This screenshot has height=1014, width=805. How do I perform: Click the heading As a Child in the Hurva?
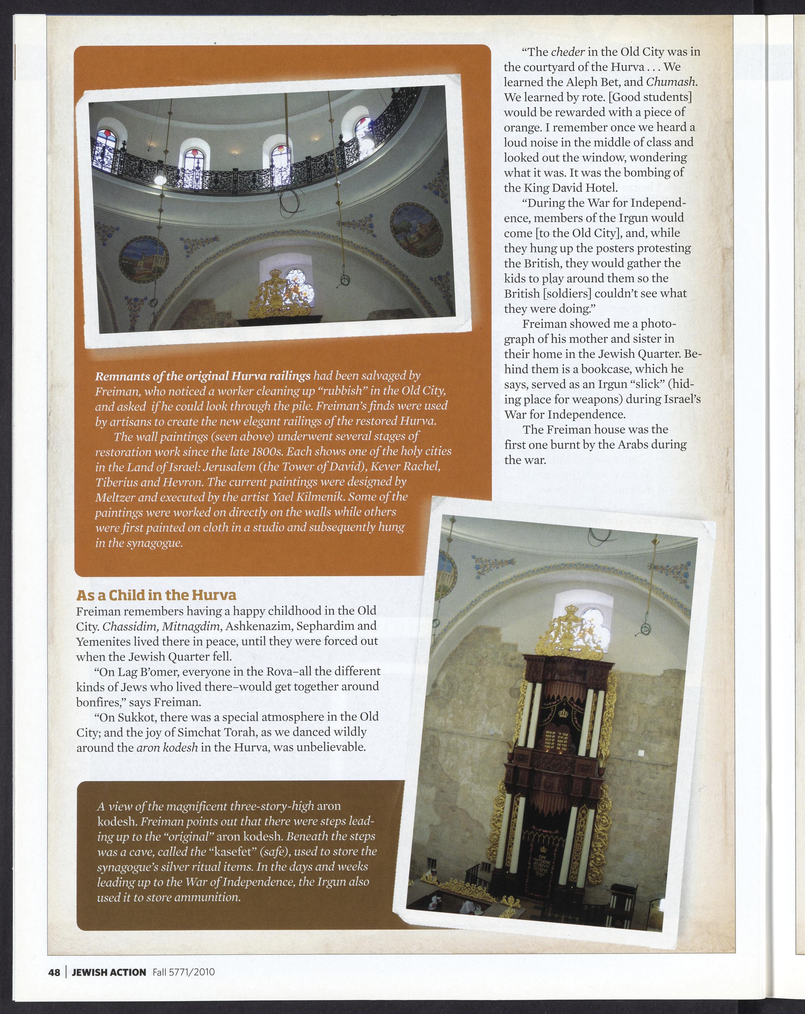pyautogui.click(x=156, y=596)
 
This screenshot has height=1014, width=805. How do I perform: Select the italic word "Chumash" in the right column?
pyautogui.click(x=671, y=82)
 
